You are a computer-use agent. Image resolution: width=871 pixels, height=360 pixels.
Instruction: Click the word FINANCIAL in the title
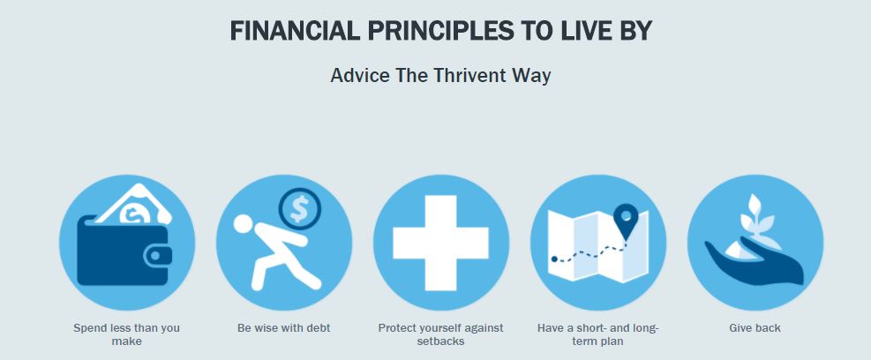[295, 31]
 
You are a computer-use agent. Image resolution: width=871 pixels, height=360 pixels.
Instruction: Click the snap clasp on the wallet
[158, 256]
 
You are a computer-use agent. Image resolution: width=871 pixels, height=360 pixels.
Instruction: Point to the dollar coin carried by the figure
[299, 209]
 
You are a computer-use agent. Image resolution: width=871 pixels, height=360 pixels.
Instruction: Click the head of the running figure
[243, 224]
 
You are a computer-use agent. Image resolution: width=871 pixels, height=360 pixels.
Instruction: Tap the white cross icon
[440, 243]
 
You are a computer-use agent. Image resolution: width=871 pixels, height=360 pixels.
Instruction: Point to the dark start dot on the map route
[554, 259]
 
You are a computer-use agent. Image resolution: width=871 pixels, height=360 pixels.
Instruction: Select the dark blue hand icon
[755, 261]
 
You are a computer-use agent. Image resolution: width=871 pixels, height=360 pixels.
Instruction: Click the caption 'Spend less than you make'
[127, 334]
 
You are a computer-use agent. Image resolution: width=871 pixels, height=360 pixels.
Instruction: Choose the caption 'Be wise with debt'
[284, 327]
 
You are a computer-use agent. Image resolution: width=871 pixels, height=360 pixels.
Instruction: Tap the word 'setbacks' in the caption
[440, 341]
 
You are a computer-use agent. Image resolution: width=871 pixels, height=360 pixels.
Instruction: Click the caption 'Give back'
[755, 327]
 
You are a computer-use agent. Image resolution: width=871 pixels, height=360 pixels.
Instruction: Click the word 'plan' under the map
[612, 341]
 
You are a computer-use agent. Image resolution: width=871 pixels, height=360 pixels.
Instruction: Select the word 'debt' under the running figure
[319, 327]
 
